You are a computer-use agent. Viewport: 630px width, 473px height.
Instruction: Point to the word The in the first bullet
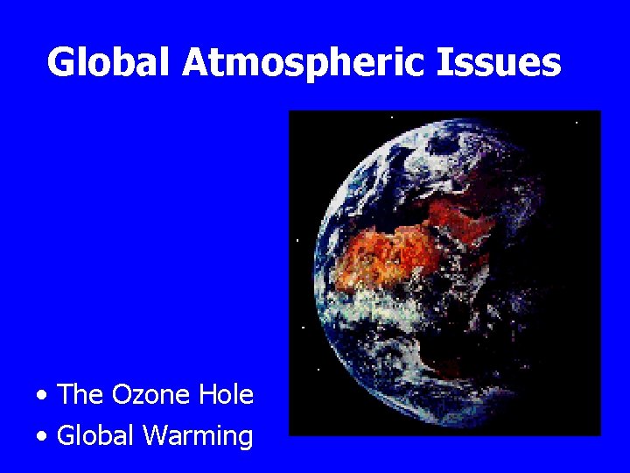click(80, 395)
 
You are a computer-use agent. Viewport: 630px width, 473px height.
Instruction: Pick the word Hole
click(226, 395)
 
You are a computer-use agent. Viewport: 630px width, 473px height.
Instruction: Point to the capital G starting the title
click(62, 63)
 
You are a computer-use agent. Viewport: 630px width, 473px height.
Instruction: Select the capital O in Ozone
click(122, 395)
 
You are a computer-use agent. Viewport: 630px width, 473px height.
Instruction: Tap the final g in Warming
click(245, 439)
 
